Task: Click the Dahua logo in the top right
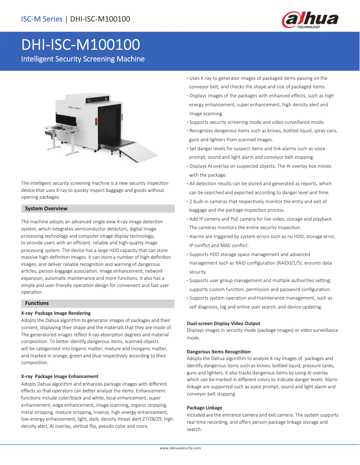pos(310,20)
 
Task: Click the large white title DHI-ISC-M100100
pos(80,45)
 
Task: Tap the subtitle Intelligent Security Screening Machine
pos(83,59)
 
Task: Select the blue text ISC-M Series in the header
pos(42,19)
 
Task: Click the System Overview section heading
pos(46,209)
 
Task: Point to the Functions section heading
pos(37,304)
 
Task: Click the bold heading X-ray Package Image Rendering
pos(56,313)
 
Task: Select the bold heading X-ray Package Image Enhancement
pos(60,376)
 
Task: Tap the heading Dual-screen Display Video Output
pos(223,323)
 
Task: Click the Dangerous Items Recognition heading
pos(219,352)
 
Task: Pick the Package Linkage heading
pos(204,408)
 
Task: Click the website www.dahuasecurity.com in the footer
pos(180,448)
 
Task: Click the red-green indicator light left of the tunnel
pos(96,121)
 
